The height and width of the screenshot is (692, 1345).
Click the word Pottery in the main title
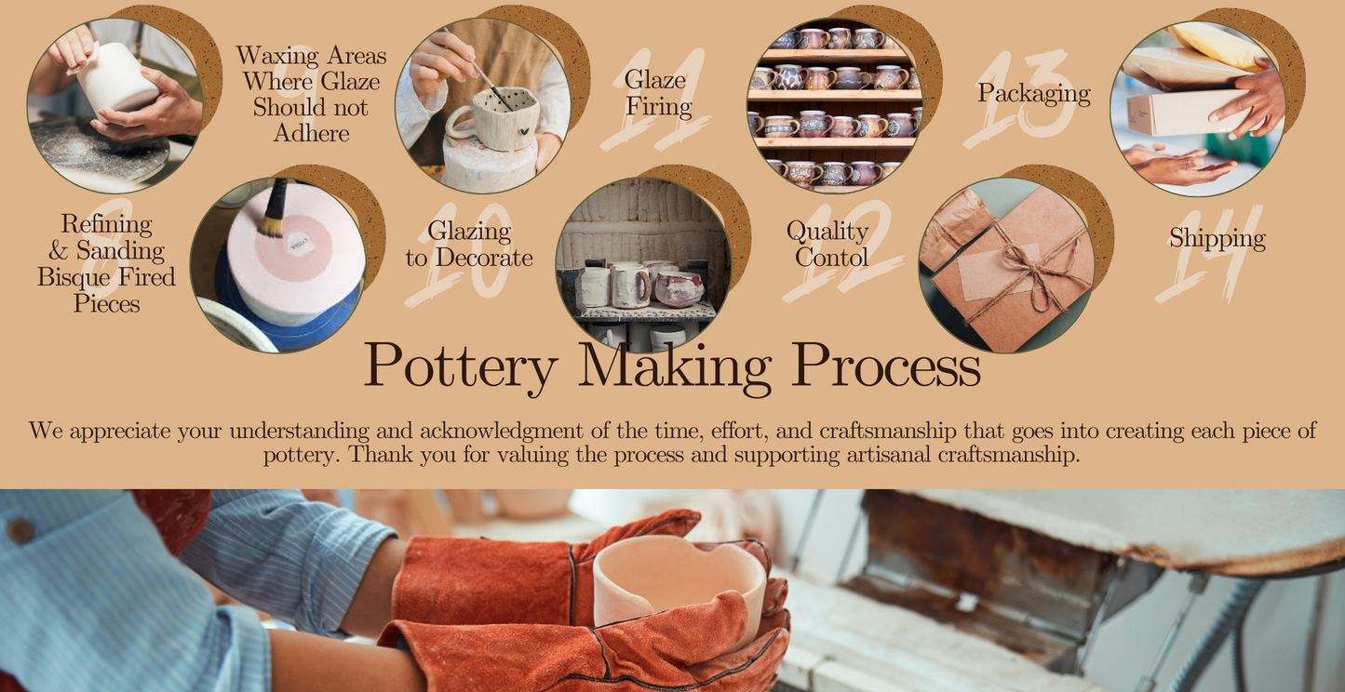pos(461,366)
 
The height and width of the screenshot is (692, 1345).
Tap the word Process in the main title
pos(886,364)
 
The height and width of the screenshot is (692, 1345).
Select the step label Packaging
pos(1034,94)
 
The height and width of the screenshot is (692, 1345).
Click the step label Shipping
pos(1217,238)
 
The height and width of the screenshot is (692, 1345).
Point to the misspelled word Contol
pos(831,258)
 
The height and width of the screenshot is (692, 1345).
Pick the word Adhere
pos(311,133)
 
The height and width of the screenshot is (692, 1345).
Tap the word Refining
pos(106,225)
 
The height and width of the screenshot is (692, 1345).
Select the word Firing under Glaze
pos(659,107)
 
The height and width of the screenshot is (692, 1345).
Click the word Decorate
pos(484,258)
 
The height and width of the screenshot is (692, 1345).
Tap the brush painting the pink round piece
pos(274,207)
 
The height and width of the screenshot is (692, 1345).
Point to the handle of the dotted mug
pos(459,123)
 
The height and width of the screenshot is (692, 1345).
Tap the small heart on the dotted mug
pos(524,130)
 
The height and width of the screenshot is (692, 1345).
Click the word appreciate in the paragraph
pos(120,431)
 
